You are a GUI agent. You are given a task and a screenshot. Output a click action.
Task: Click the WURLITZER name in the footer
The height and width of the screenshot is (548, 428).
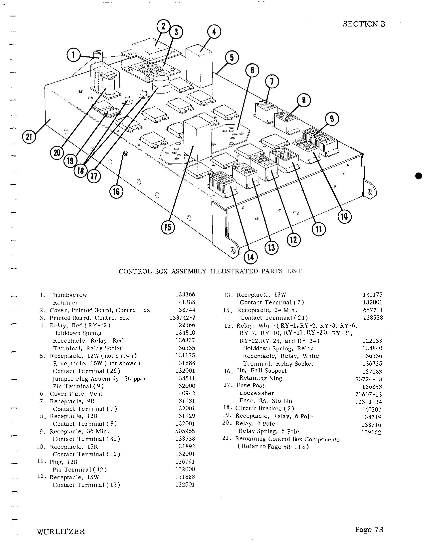coord(61,531)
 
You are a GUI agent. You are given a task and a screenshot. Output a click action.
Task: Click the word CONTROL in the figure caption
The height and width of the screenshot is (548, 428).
coord(135,271)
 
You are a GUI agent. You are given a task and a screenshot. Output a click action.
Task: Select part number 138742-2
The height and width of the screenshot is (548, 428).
coord(182,318)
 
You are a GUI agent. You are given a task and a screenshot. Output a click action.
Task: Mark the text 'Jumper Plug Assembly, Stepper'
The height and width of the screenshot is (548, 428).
coord(99,379)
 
